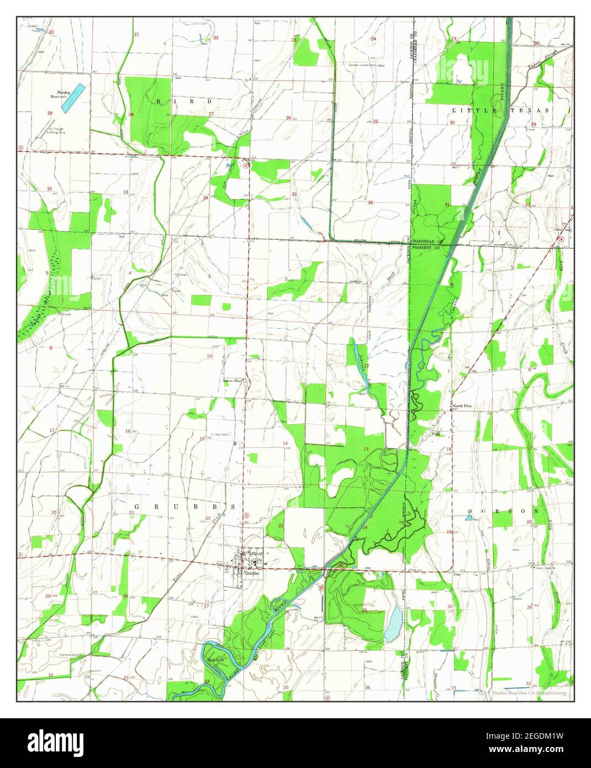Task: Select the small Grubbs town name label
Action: (251, 573)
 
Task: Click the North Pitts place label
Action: (462, 406)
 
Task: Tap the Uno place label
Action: (457, 575)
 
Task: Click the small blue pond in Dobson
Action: (469, 518)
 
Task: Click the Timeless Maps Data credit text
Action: (529, 692)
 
